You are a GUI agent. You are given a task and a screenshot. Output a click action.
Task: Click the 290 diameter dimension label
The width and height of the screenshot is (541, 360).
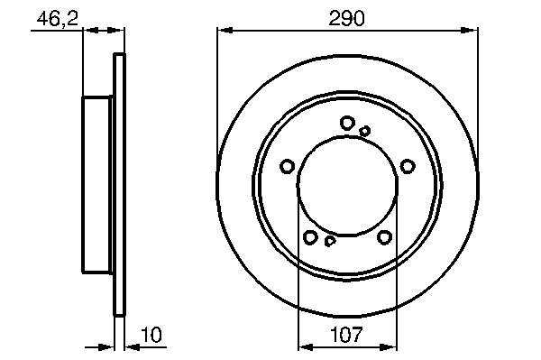click(346, 19)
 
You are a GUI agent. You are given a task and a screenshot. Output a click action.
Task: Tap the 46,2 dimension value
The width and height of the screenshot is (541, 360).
click(58, 19)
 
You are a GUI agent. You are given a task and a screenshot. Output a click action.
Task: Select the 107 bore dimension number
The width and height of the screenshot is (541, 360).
click(347, 334)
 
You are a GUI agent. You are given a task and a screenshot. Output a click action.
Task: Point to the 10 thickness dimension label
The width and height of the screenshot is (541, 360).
click(151, 335)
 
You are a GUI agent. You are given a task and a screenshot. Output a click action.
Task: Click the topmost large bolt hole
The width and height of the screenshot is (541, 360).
click(347, 123)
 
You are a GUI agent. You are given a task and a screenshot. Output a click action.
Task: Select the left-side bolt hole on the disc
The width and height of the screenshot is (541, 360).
click(287, 166)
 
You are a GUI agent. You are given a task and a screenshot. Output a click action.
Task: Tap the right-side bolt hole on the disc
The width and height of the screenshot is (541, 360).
click(408, 166)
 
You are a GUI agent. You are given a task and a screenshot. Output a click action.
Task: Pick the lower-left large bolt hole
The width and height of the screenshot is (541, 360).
click(310, 237)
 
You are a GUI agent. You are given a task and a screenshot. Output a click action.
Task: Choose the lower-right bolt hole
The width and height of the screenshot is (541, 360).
click(384, 237)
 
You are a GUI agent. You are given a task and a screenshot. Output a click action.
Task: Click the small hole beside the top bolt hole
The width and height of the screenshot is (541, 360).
click(364, 131)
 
